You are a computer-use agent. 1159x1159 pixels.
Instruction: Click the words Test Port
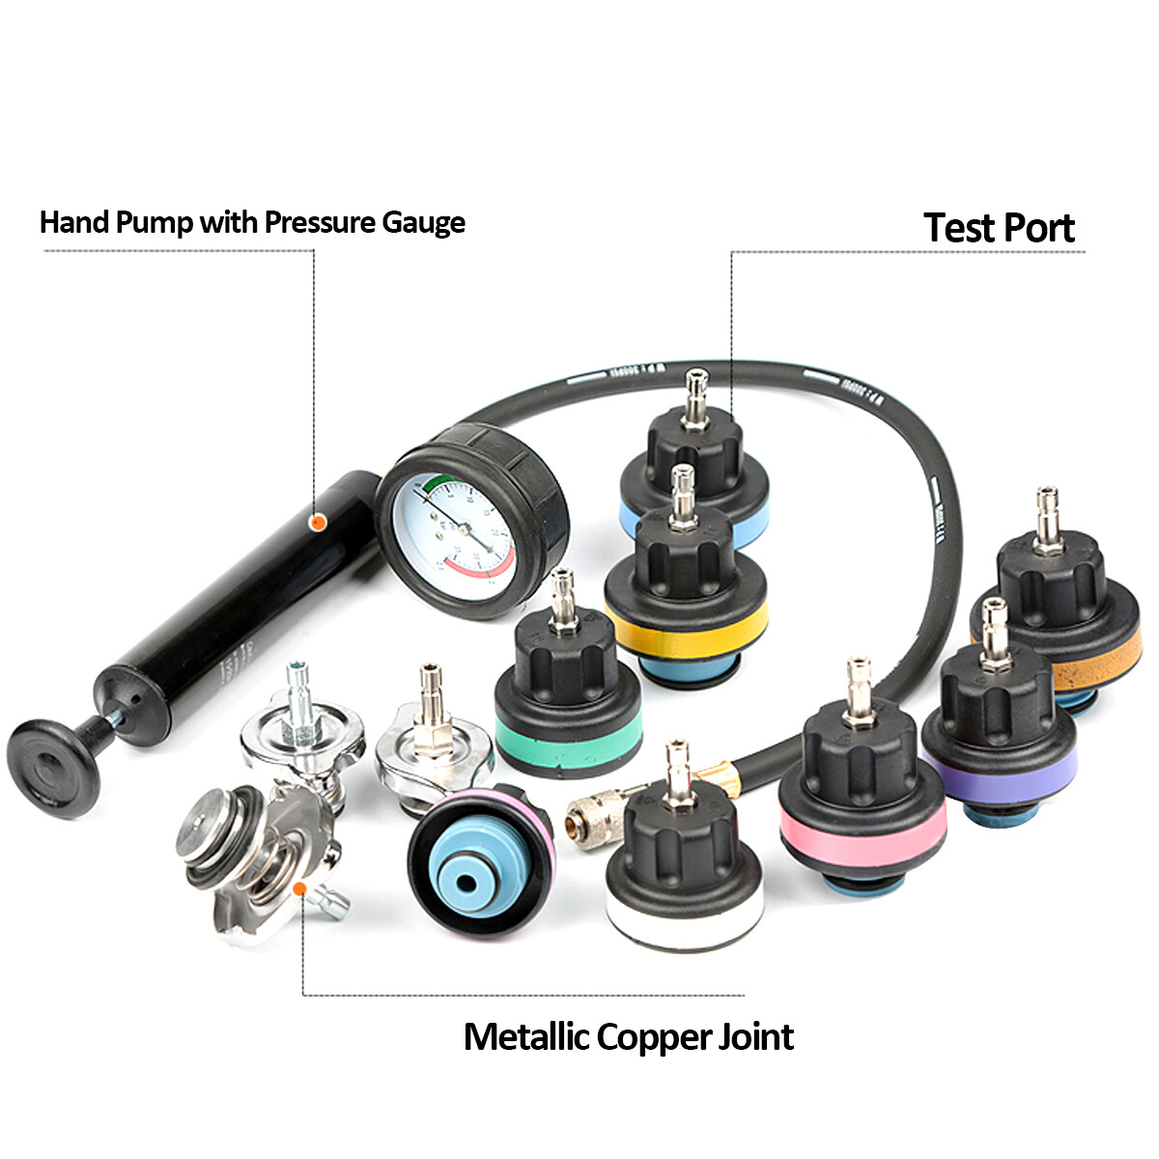tap(999, 228)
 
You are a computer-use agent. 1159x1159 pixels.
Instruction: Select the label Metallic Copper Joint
tap(628, 1036)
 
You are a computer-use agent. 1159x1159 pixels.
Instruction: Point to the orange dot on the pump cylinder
tap(316, 522)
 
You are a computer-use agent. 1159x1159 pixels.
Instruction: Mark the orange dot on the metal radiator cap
tap(299, 888)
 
